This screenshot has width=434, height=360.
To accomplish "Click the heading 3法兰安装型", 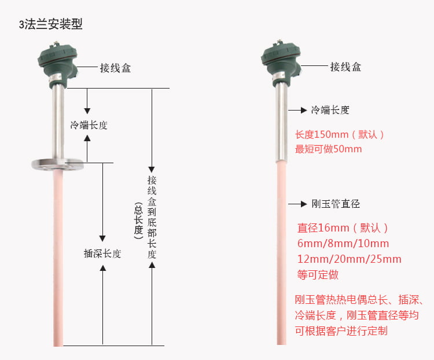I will [51, 24].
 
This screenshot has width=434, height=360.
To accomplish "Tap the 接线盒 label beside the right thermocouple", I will [345, 67].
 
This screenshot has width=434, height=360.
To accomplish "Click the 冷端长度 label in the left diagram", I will [89, 125].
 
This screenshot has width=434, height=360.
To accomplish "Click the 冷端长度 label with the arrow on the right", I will [330, 109].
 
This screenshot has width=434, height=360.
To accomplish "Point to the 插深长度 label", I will [102, 254].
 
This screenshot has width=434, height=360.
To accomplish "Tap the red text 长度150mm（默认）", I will [340, 134].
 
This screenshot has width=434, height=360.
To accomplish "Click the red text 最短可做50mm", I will [328, 149].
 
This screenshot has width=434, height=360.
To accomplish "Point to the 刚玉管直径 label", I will [336, 204].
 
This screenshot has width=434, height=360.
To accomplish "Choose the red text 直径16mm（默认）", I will [343, 227].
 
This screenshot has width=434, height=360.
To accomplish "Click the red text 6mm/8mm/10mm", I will [343, 243].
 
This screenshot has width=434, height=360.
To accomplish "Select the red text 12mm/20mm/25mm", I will [348, 259].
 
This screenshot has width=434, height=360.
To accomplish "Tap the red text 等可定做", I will [318, 274].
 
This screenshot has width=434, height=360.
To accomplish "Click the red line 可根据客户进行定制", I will [341, 331].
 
